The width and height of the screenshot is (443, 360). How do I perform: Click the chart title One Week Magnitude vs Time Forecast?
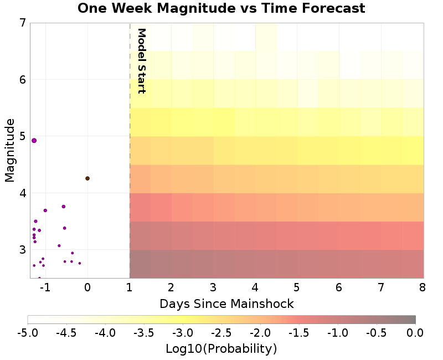coord(221,8)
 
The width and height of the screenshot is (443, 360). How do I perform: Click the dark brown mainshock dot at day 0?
coord(87,178)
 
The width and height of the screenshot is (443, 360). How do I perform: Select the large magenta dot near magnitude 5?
coord(34,141)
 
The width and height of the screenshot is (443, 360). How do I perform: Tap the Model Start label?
coord(141,60)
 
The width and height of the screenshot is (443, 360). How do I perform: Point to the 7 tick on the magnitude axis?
coord(22,23)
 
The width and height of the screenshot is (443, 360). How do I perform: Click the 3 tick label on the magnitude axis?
coord(22,250)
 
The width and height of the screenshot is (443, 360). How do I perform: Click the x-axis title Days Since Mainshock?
coord(226,304)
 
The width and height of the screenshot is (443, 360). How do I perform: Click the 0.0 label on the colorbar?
coord(415,333)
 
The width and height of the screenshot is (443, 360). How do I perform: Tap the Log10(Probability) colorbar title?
coord(221,349)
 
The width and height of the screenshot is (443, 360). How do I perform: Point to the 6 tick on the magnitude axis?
coord(22,80)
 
